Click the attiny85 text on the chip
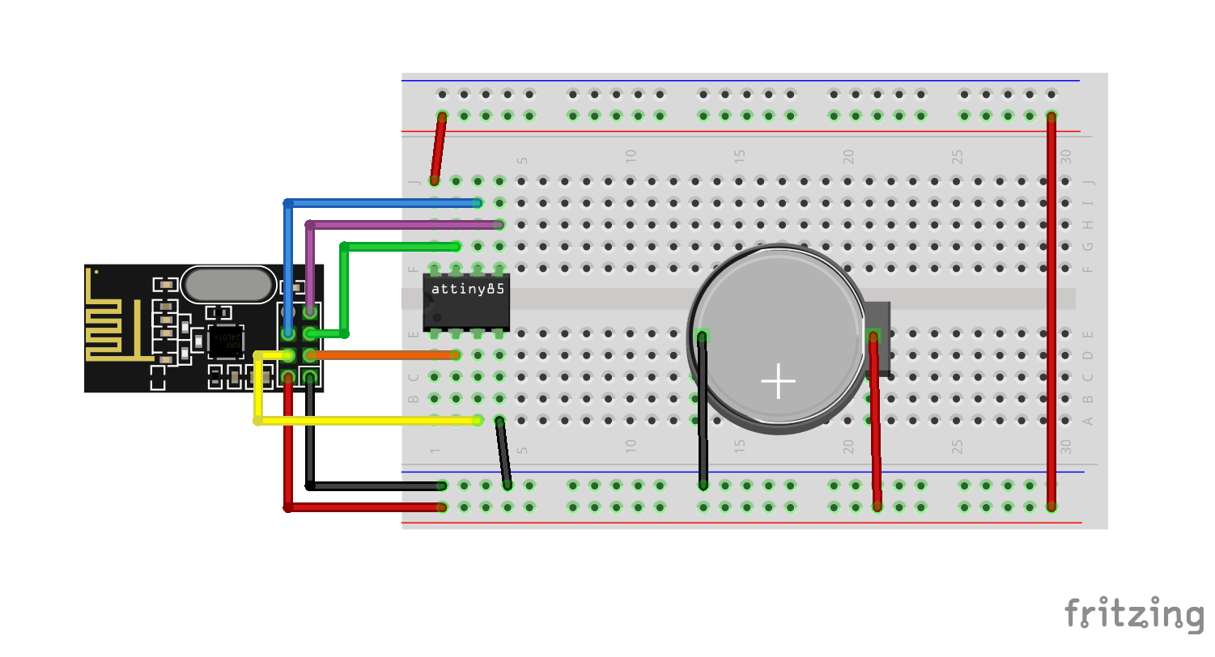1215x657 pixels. tap(469, 289)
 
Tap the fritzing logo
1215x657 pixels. tap(1134, 614)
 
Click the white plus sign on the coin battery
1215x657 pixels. tap(778, 381)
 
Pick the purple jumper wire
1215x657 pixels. tap(405, 224)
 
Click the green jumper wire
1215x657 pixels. tap(397, 246)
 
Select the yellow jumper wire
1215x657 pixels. tap(364, 420)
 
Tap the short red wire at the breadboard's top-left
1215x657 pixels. tap(439, 148)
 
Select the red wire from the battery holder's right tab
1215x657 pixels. tap(875, 421)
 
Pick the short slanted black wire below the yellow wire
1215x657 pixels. tap(503, 453)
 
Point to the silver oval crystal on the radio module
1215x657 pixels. tap(227, 285)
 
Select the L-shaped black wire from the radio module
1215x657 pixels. tap(364, 486)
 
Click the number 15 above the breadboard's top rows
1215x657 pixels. tap(740, 155)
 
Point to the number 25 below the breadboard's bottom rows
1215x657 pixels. tap(957, 446)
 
